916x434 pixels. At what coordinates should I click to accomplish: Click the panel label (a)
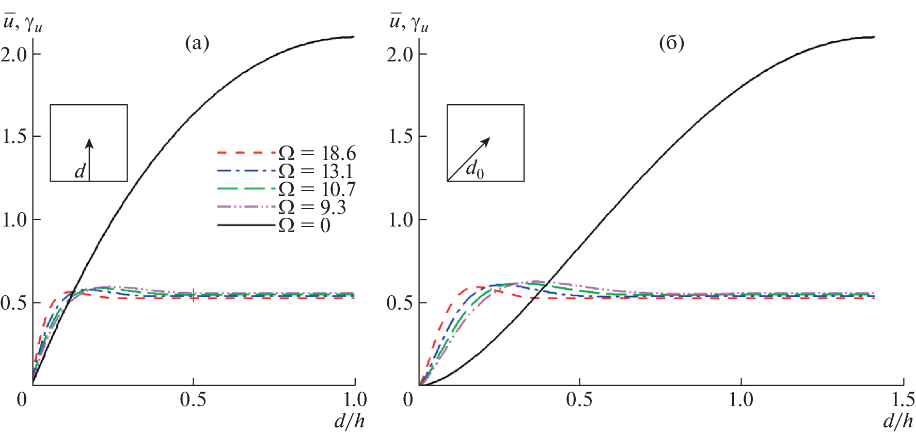(197, 43)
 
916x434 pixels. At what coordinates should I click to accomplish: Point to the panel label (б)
(672, 43)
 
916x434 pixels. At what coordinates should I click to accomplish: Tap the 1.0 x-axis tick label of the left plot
(355, 399)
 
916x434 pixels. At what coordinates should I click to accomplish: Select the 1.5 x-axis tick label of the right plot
(903, 399)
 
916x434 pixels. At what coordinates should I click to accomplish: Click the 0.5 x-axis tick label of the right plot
(579, 399)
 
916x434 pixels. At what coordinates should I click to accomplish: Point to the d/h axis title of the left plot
(350, 422)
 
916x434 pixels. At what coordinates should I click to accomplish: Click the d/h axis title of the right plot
(898, 422)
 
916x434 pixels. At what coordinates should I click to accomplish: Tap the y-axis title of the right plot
(408, 23)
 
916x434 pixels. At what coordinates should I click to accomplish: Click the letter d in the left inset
(80, 171)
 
